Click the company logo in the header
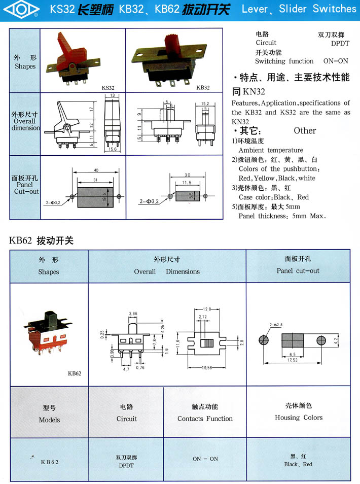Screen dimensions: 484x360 pyautogui.click(x=21, y=9)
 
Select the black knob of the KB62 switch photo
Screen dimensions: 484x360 pyautogui.click(x=51, y=321)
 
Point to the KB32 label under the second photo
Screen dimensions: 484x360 pyautogui.click(x=202, y=87)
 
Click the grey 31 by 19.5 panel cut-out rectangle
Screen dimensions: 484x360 pyautogui.click(x=96, y=196)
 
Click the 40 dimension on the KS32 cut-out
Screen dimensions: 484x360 pyautogui.click(x=95, y=170)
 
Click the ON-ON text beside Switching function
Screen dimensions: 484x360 pyautogui.click(x=336, y=61)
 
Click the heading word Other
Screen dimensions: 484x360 pyautogui.click(x=305, y=130)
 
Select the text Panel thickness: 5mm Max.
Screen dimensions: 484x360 pyautogui.click(x=282, y=216)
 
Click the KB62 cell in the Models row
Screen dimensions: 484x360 pyautogui.click(x=50, y=462)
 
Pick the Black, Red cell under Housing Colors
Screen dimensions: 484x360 pyautogui.click(x=298, y=461)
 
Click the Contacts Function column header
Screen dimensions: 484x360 pyautogui.click(x=205, y=413)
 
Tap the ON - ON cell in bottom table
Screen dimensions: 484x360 pyautogui.click(x=205, y=459)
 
